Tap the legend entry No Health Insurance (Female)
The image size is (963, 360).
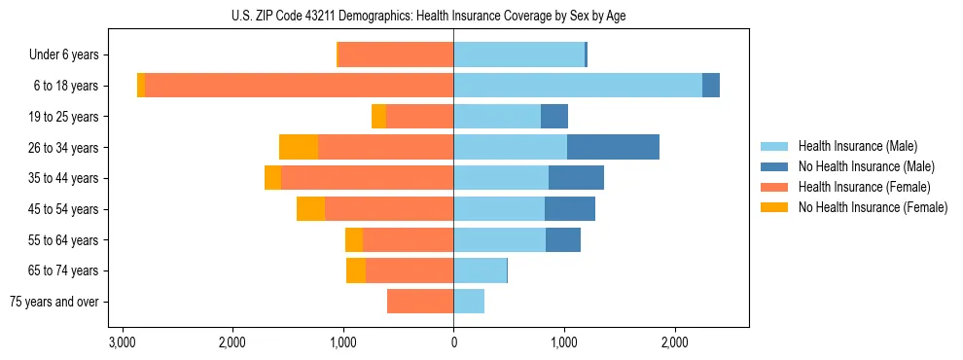click(873, 207)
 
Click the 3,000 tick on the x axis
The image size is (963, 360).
click(122, 342)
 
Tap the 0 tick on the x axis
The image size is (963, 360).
click(453, 342)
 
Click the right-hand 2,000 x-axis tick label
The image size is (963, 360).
click(675, 342)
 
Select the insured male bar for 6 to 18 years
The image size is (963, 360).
click(578, 86)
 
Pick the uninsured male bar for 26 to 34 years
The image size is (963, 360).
click(613, 147)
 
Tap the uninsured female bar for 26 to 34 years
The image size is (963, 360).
click(299, 147)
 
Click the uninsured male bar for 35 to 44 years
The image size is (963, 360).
click(576, 178)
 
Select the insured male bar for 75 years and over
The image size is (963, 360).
click(469, 302)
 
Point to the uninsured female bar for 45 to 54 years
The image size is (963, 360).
click(310, 209)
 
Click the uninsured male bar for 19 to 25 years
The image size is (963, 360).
click(554, 117)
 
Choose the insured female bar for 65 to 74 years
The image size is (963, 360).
click(410, 270)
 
